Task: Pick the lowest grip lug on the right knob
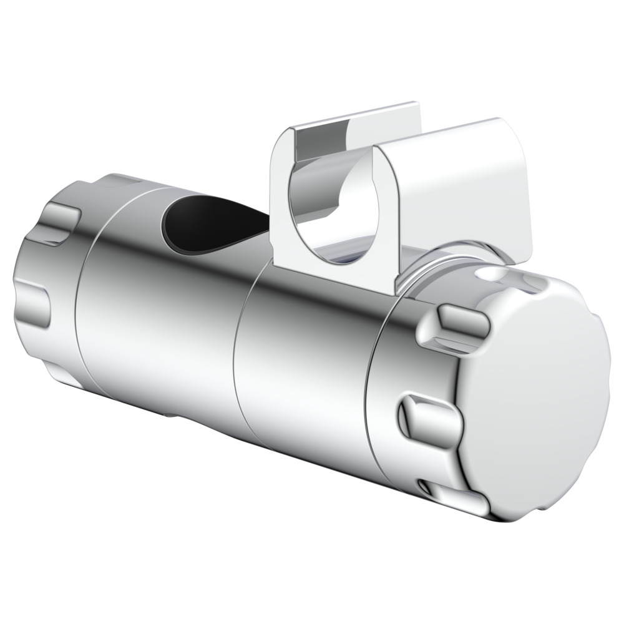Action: tap(449, 493)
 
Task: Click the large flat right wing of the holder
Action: tap(462, 187)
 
